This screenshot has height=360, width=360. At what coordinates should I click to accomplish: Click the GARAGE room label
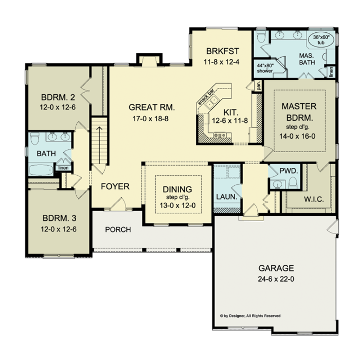[276, 268]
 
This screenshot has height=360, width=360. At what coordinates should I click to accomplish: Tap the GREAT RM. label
[151, 107]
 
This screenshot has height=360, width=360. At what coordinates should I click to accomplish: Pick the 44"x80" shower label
[265, 68]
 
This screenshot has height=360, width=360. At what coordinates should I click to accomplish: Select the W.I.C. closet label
[311, 199]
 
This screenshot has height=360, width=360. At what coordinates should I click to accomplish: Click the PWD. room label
[289, 171]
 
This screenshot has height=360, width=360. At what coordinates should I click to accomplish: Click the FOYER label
[115, 186]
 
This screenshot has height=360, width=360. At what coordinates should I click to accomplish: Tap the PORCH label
[118, 230]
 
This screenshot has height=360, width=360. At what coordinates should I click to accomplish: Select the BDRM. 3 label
[59, 218]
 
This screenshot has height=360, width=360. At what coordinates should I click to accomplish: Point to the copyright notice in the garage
[250, 316]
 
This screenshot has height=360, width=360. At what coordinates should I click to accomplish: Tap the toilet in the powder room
[292, 182]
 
